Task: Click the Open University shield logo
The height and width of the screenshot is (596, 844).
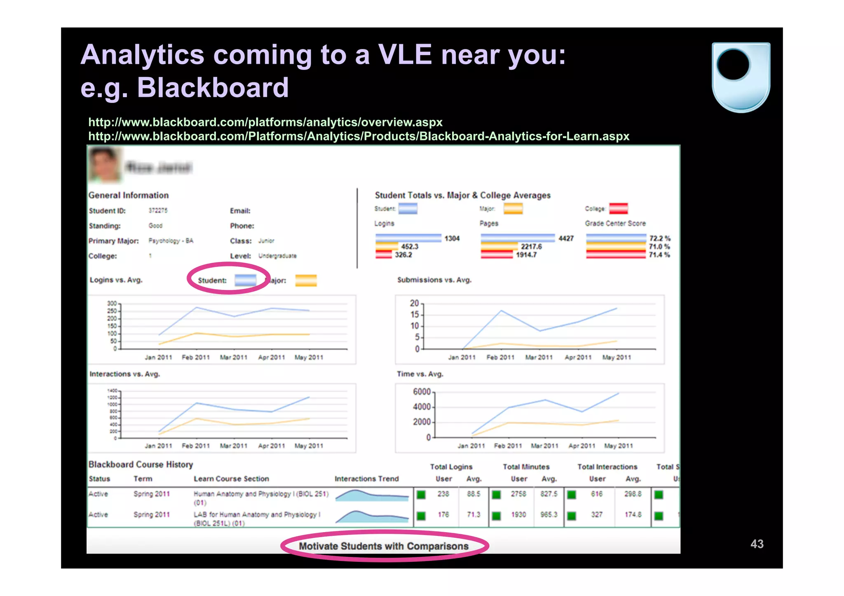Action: [x=741, y=77]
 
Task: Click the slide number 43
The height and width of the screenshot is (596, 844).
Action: [x=757, y=544]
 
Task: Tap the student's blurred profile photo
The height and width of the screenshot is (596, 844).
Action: [x=104, y=165]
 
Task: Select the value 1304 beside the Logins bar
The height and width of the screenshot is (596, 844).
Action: [x=452, y=238]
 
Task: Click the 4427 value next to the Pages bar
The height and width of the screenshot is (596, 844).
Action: [x=566, y=238]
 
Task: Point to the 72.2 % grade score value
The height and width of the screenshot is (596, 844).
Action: [x=659, y=238]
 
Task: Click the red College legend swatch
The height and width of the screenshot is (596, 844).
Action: [x=618, y=209]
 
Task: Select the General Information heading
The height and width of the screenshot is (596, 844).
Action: [x=129, y=195]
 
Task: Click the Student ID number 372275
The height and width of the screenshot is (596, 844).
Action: [x=158, y=210]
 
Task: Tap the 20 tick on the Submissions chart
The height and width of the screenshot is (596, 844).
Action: [x=414, y=303]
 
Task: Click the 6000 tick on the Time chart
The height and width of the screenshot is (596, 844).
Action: [x=421, y=392]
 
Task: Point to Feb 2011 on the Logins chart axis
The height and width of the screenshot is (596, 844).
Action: [x=196, y=358]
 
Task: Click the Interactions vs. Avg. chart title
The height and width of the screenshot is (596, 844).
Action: [x=124, y=374]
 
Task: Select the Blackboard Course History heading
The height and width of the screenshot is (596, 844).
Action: [x=141, y=465]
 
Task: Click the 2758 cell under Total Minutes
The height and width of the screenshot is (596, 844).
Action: [x=518, y=494]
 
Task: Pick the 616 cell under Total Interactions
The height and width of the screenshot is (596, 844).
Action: [x=596, y=494]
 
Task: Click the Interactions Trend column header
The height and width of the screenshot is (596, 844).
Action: [x=366, y=479]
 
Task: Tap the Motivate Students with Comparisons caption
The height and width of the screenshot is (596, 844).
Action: [x=383, y=546]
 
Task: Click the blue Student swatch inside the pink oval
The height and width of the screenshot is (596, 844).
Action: [x=245, y=280]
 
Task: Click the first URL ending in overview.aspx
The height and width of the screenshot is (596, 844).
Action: [x=265, y=122]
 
